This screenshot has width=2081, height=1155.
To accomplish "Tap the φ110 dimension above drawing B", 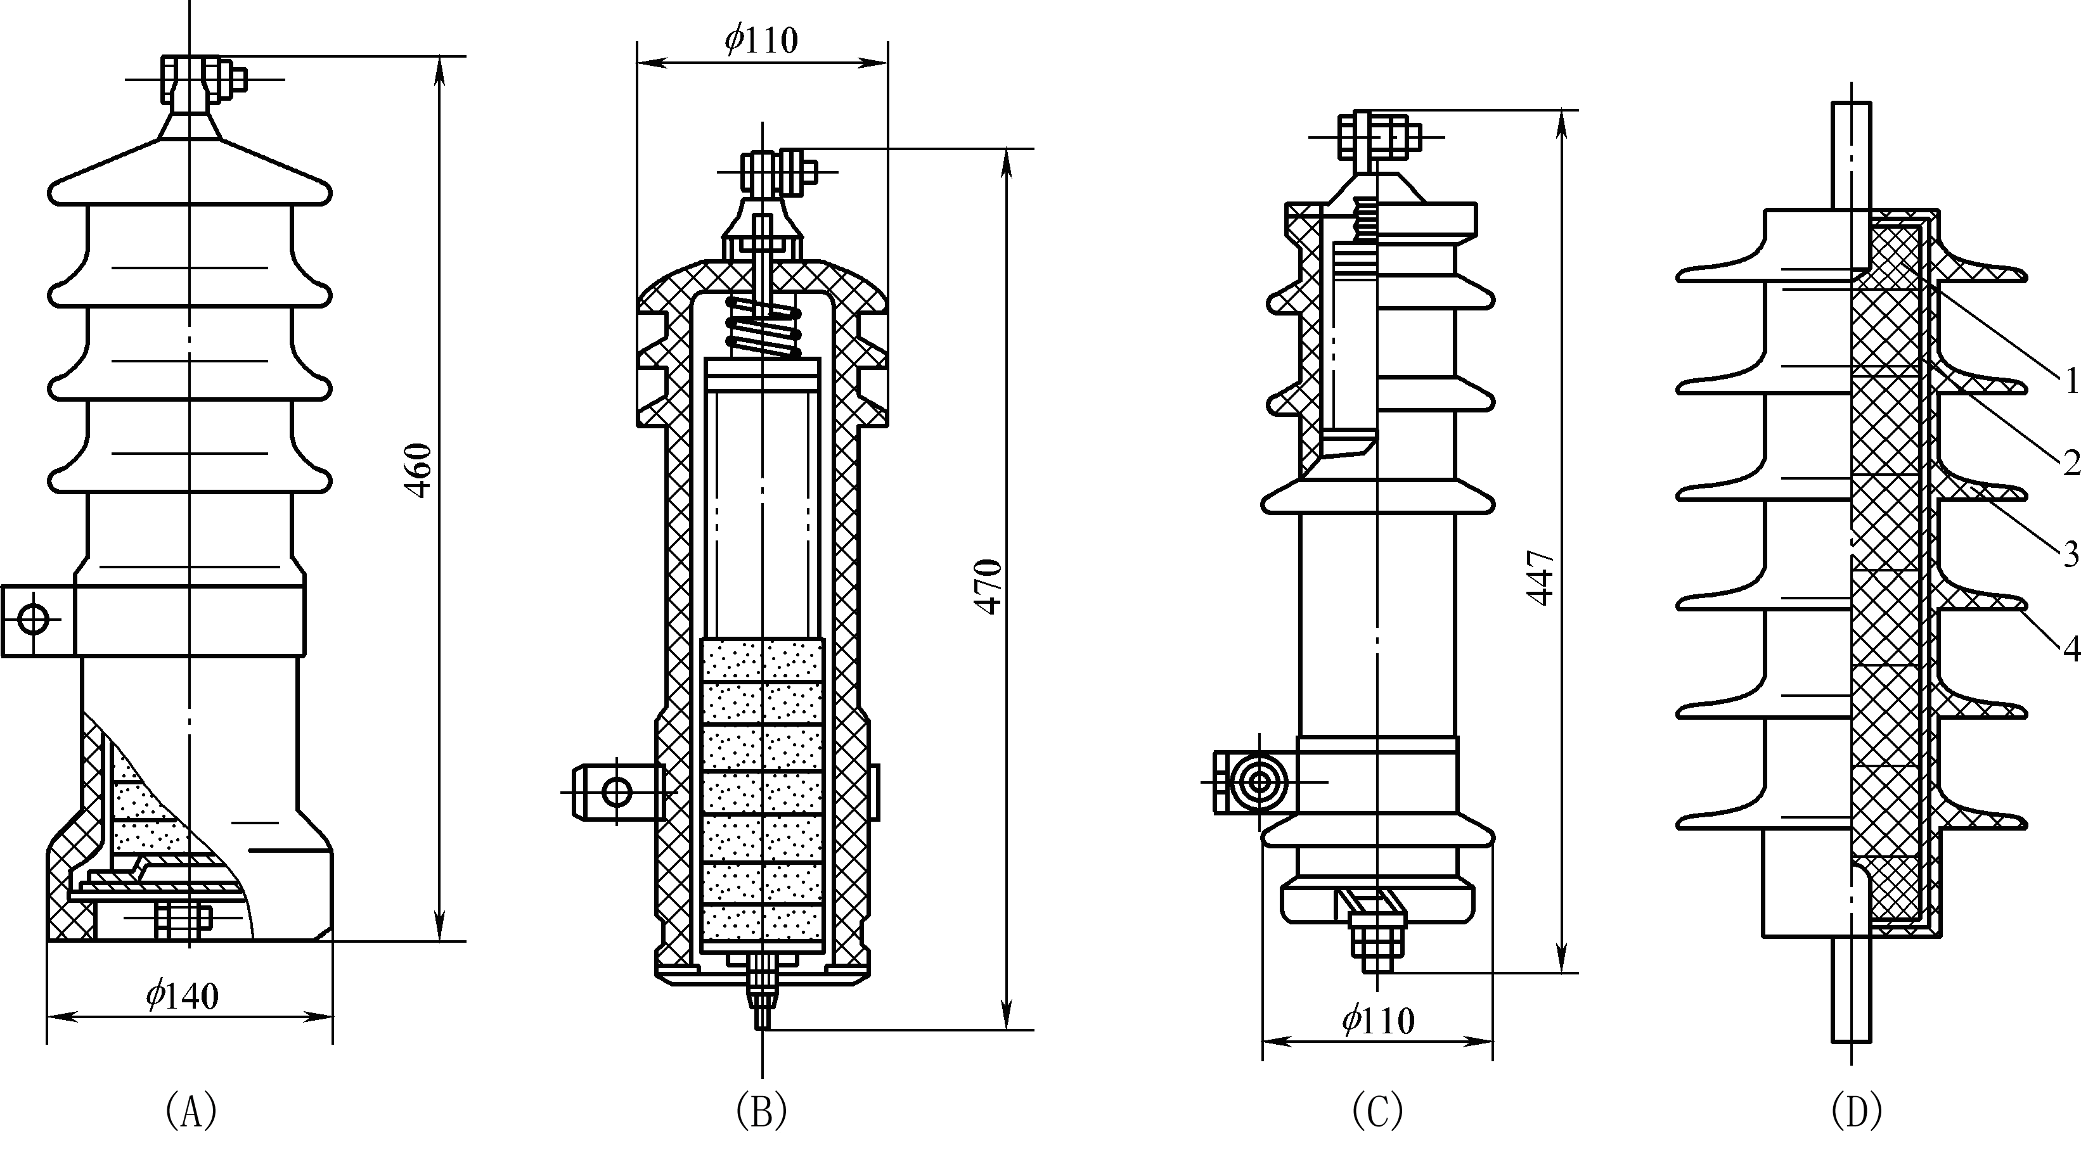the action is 761,39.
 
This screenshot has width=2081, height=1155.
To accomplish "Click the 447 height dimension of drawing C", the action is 1540,578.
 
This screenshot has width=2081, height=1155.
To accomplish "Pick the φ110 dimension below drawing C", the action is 1379,1021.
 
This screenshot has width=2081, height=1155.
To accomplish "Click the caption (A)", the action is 191,1111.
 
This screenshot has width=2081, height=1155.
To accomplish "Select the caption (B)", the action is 762,1111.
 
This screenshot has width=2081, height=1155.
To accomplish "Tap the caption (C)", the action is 1377,1111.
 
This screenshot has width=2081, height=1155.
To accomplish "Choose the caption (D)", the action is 1857,1111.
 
